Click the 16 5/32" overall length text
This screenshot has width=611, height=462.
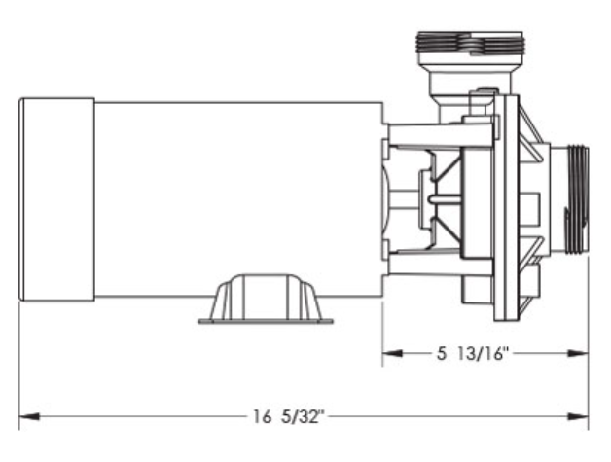[x=288, y=418]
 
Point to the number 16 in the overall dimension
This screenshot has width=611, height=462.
[x=261, y=418]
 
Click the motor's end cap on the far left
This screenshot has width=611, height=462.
[x=56, y=198]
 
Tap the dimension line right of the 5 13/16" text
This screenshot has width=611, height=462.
[x=555, y=354]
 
